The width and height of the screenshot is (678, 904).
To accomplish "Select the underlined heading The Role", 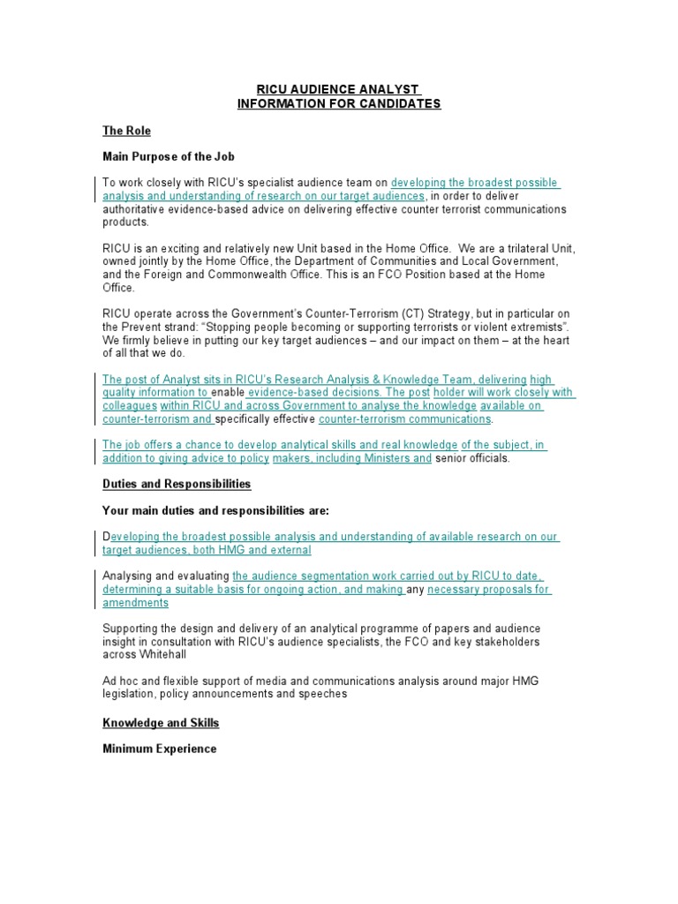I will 126,131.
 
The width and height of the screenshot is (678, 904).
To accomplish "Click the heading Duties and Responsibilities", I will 177,484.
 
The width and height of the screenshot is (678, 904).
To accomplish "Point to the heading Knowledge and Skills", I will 161,722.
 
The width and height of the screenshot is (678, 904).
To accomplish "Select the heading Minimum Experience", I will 159,749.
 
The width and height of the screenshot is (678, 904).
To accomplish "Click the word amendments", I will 135,602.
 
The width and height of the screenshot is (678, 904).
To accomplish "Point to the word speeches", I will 323,694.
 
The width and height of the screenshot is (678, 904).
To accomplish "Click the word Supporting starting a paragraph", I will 132,628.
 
